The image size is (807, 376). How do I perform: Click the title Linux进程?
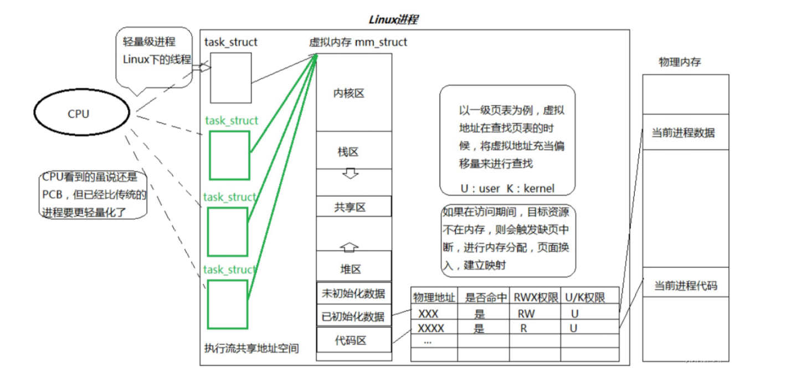point(393,20)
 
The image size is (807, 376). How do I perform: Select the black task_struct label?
point(230,42)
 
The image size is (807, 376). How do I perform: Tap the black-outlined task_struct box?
point(230,78)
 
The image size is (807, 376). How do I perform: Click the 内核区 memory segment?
point(353,93)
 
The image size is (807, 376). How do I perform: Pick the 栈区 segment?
point(353,151)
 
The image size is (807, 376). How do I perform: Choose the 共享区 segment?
point(353,207)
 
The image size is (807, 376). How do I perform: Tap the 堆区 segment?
point(353,269)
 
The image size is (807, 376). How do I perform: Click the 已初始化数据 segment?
point(353,316)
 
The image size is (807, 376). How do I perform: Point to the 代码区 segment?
point(353,340)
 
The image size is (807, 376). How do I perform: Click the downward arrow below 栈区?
point(351,173)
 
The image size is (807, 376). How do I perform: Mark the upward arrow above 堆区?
point(351,246)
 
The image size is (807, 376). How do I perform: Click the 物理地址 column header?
point(434,297)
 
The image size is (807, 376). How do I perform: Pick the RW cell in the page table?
point(526,313)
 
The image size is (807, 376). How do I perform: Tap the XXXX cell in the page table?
point(431,328)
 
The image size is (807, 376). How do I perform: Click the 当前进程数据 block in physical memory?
point(685,133)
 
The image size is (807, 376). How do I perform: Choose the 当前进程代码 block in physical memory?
point(685,286)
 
